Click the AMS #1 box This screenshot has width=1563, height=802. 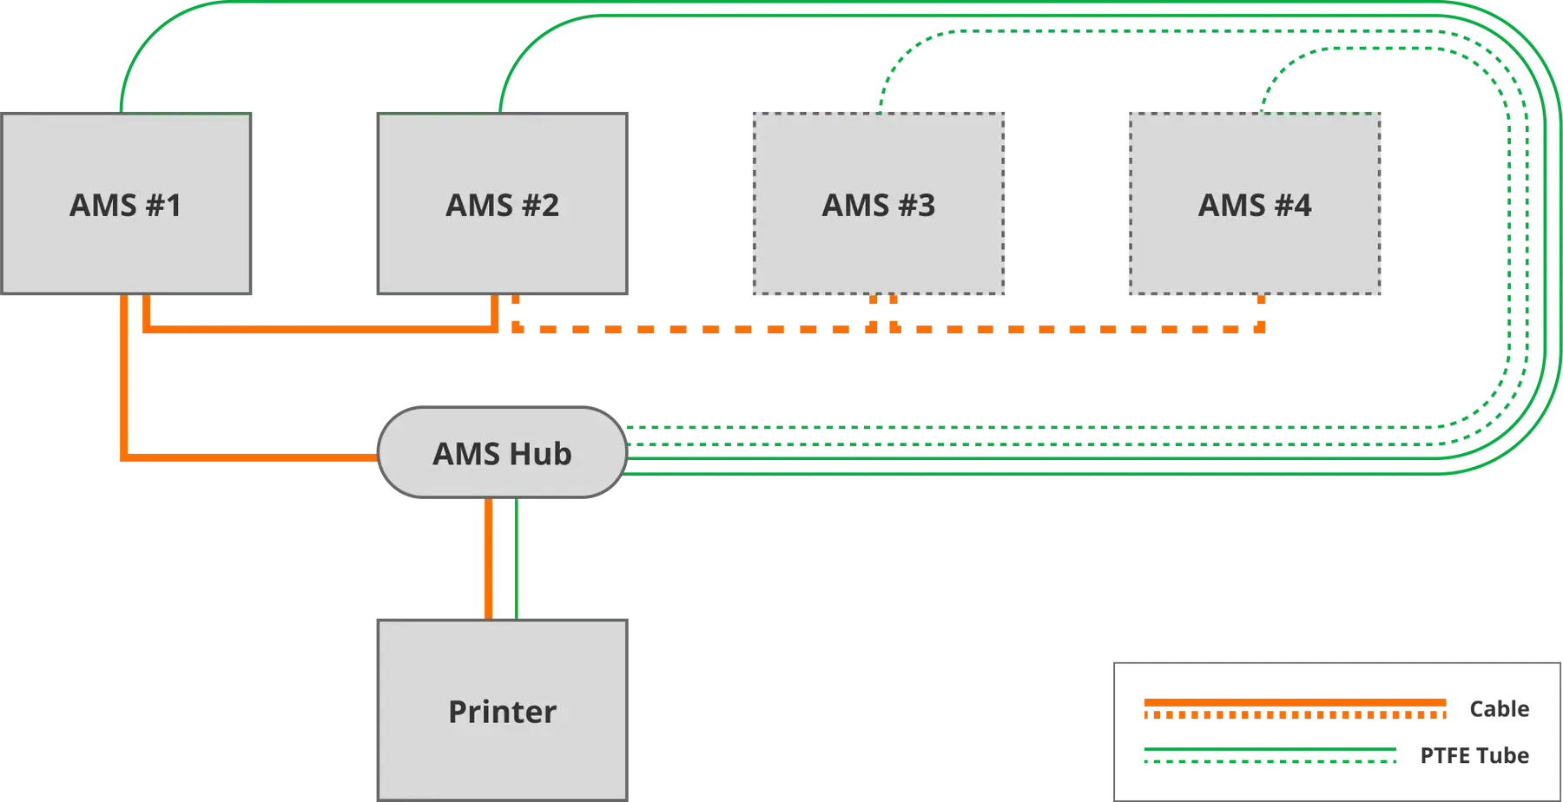[126, 204]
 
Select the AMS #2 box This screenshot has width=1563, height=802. [502, 204]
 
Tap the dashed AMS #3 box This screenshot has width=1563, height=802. [879, 204]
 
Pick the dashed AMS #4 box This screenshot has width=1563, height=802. [1255, 204]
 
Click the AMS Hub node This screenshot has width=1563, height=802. [502, 452]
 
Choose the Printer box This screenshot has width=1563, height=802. [502, 710]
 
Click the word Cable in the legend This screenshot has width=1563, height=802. [1499, 709]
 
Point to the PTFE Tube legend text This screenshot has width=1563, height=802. [1474, 756]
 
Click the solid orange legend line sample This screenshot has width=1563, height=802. [1295, 702]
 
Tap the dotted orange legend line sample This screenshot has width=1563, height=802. [1295, 715]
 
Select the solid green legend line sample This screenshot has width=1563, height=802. [1270, 748]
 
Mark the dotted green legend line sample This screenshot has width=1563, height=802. [1270, 762]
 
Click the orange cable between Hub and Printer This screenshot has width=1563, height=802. [489, 559]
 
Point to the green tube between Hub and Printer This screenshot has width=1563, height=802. [517, 559]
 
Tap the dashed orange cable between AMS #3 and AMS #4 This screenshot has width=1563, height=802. [1077, 329]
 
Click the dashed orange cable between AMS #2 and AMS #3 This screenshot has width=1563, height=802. [695, 329]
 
